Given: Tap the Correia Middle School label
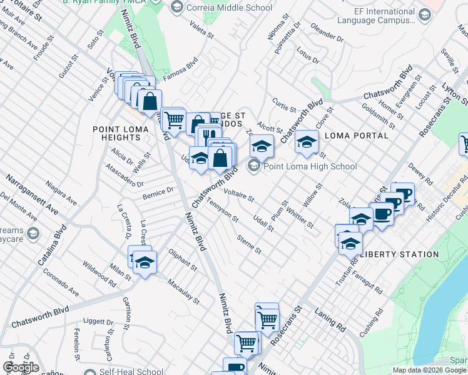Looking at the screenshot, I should pos(229,7).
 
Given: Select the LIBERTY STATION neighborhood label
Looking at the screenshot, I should pos(400,254).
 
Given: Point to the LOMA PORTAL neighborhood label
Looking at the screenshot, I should pos(357,135).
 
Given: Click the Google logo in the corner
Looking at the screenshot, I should pos(21,367).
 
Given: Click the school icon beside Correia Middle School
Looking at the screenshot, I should pos(176,7).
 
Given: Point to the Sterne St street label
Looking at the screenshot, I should pos(249,244).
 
